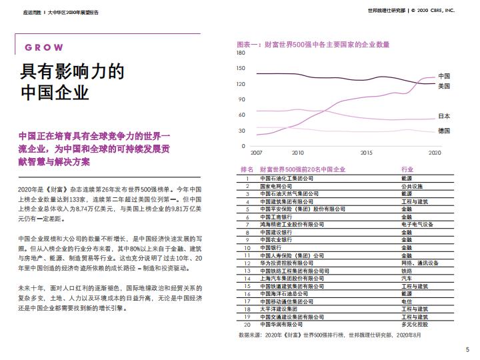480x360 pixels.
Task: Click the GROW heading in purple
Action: coord(44,48)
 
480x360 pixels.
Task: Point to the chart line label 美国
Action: coord(443,86)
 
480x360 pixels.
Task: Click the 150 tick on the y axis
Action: coord(241,69)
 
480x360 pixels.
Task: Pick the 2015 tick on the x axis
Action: coord(366,153)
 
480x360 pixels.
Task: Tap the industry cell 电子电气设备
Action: coord(417,225)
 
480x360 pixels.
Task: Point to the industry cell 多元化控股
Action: coord(415,325)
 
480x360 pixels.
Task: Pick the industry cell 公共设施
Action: coord(412,187)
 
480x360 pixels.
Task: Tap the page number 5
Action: coord(467,350)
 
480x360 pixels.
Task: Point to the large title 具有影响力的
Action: coord(73,71)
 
